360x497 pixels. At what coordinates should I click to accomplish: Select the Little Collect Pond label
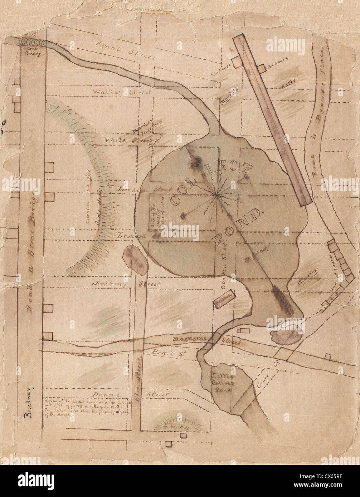[x=223, y=382]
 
